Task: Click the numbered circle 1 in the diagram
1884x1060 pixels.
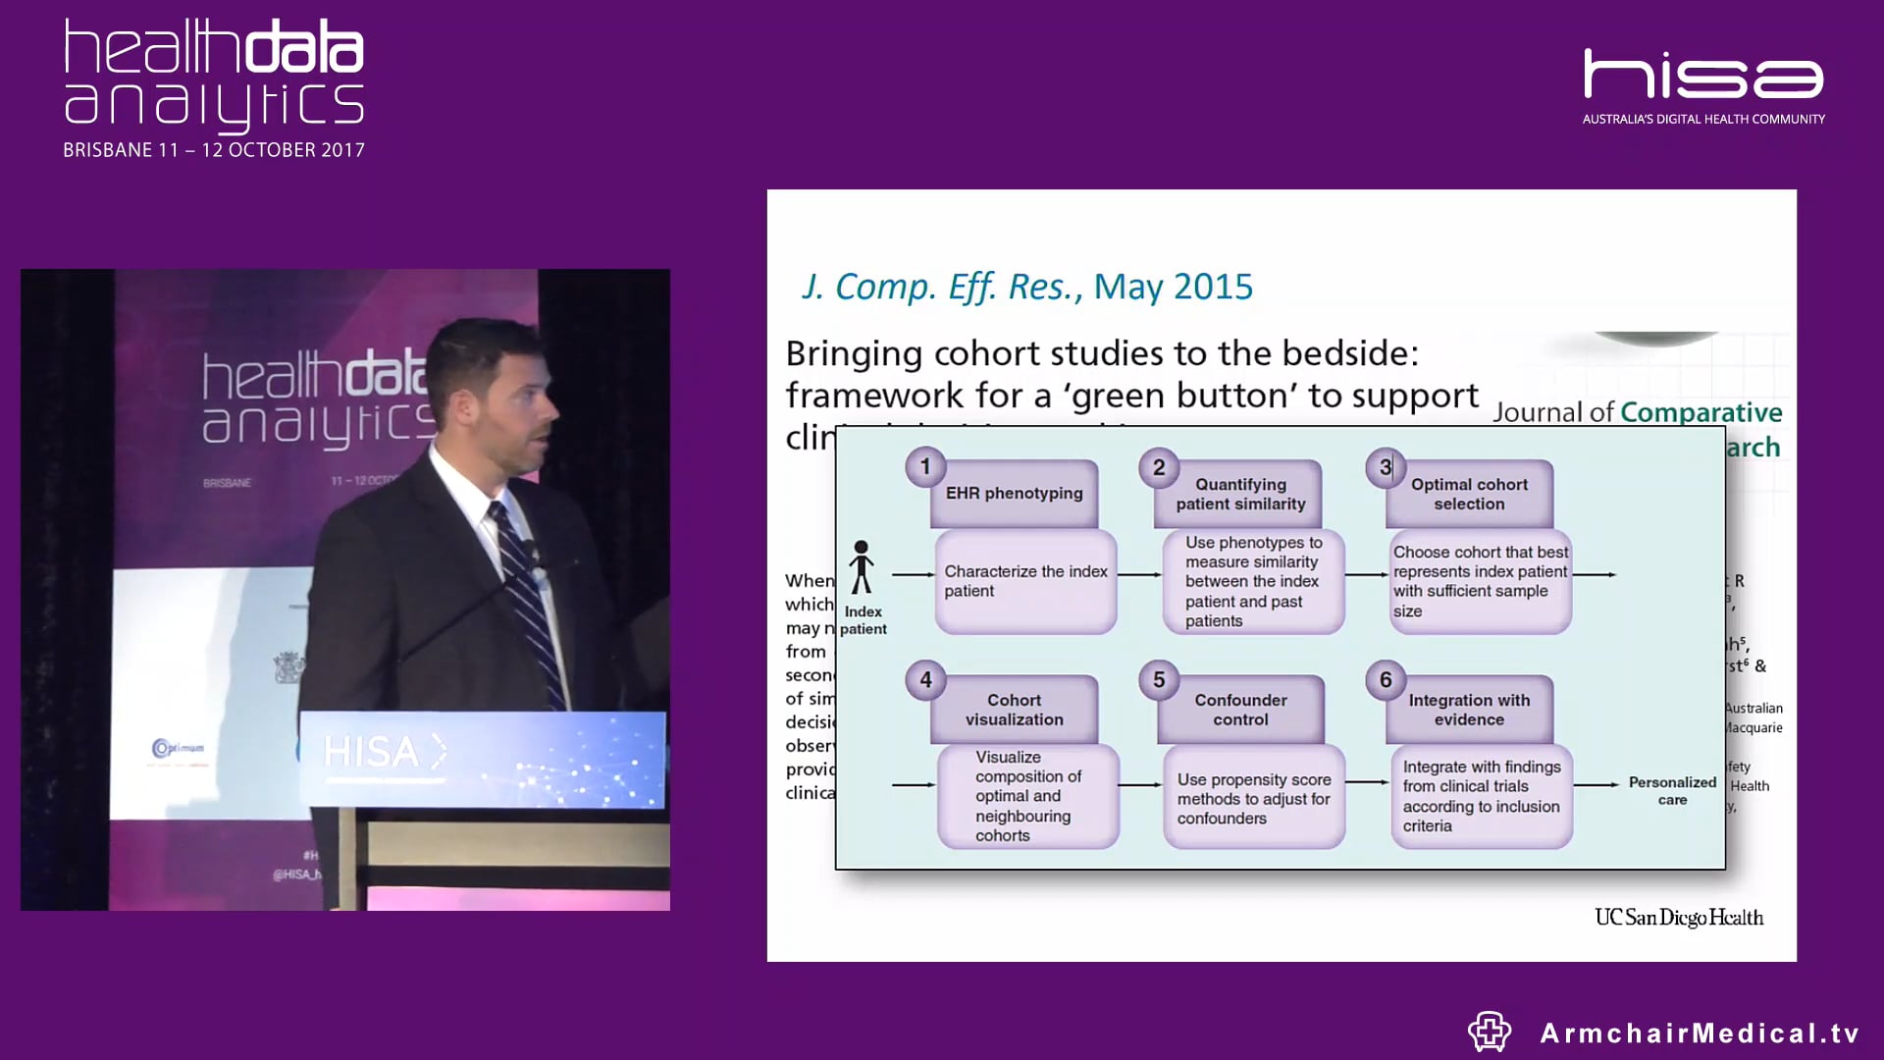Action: tap(924, 467)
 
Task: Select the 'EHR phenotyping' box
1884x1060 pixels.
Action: tap(1014, 494)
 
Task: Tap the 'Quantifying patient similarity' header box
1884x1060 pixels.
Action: tap(1240, 495)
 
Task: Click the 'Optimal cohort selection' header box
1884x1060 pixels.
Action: tap(1469, 495)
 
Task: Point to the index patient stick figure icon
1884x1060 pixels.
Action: tap(862, 567)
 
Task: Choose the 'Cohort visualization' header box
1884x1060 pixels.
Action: tap(1014, 710)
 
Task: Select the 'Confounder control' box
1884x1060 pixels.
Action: tap(1240, 710)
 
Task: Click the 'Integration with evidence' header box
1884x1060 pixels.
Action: tap(1469, 710)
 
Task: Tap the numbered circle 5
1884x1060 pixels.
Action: tap(1158, 680)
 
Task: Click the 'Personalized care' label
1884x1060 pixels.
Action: tap(1672, 791)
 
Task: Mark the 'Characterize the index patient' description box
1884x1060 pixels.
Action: tap(1025, 581)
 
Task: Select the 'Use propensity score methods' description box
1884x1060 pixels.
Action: tap(1253, 798)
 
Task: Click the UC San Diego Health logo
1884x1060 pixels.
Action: tap(1678, 918)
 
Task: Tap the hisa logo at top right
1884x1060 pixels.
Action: tap(1703, 77)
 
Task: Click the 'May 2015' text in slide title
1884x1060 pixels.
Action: tap(1173, 287)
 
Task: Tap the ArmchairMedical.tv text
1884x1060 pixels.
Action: tap(1699, 1033)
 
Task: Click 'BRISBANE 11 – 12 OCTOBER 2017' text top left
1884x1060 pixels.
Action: tap(214, 150)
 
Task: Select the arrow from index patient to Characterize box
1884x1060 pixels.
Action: tap(913, 574)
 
